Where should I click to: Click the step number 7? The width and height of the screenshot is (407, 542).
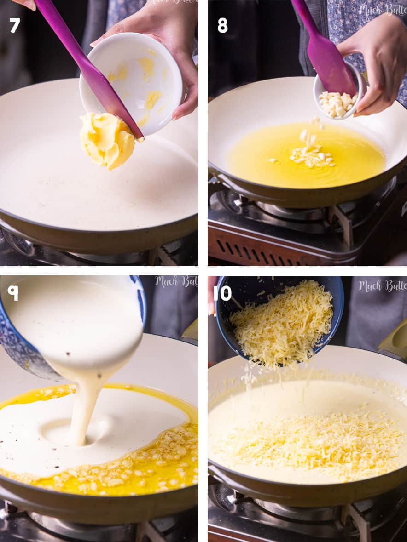[15, 25]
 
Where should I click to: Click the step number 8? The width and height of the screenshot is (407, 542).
[222, 25]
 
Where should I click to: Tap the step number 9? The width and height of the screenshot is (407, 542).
[13, 292]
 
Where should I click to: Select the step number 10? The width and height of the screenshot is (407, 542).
[225, 293]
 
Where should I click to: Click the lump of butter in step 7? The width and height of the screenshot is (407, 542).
[107, 140]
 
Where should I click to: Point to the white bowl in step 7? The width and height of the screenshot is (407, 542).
[138, 78]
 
